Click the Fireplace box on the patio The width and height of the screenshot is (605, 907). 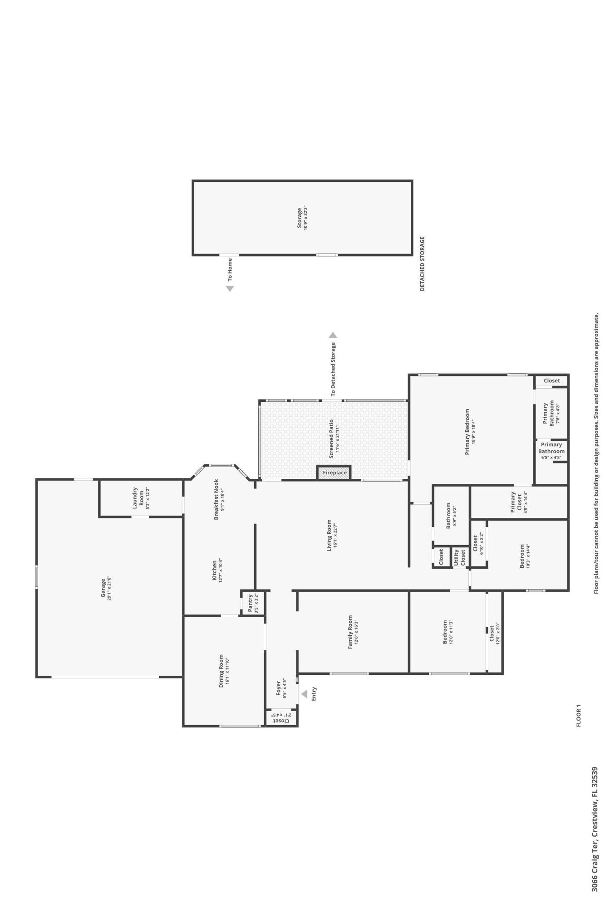334,473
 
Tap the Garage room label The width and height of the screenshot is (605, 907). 103,587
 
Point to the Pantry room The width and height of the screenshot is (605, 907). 252,603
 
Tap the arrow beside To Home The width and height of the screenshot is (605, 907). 230,288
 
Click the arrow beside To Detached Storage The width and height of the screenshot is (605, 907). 333,335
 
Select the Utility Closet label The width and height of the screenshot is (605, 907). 459,557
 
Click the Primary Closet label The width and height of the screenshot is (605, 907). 516,502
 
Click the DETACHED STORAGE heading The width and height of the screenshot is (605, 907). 422,263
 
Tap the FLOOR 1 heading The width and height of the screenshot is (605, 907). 578,715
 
